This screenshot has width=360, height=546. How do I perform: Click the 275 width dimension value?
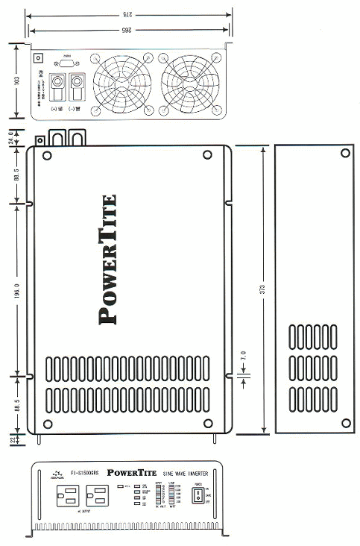[x=128, y=14]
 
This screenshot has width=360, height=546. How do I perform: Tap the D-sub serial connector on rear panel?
[x=66, y=63]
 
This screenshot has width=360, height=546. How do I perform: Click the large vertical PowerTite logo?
[x=108, y=259]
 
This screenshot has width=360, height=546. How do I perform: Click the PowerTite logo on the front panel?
[x=132, y=472]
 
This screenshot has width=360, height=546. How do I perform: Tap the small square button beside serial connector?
[x=40, y=57]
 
